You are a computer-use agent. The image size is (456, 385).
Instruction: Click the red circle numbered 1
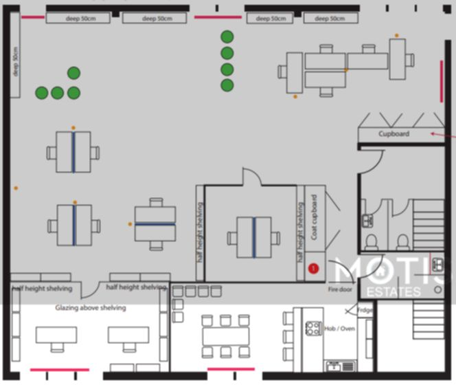click(314, 269)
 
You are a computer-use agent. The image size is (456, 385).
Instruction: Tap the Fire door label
click(340, 289)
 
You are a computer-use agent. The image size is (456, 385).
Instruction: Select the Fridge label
click(365, 310)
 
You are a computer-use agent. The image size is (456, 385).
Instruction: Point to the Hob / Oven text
click(339, 329)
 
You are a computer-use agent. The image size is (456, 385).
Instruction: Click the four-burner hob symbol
click(312, 329)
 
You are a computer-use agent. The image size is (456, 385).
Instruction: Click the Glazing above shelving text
click(91, 308)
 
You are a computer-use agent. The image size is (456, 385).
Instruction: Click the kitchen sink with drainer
click(339, 365)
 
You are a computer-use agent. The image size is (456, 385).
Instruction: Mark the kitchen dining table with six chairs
click(226, 335)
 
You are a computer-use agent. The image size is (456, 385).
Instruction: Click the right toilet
click(403, 241)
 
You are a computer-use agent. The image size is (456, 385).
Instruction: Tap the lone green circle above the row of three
click(73, 73)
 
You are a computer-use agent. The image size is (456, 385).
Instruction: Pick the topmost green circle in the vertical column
click(227, 36)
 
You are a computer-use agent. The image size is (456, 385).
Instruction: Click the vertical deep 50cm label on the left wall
click(15, 63)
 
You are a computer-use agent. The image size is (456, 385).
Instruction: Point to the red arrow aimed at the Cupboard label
click(443, 135)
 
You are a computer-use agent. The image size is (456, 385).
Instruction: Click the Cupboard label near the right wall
click(394, 134)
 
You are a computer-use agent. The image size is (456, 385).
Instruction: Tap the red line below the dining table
click(231, 369)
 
